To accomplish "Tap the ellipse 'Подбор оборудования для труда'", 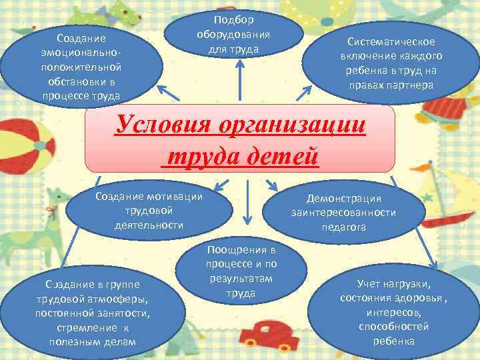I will (237, 33).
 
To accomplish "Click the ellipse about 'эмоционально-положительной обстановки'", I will (81, 64).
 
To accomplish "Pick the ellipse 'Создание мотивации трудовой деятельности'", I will (149, 210).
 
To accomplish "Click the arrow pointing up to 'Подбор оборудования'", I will (239, 83).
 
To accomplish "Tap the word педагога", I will (343, 227).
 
